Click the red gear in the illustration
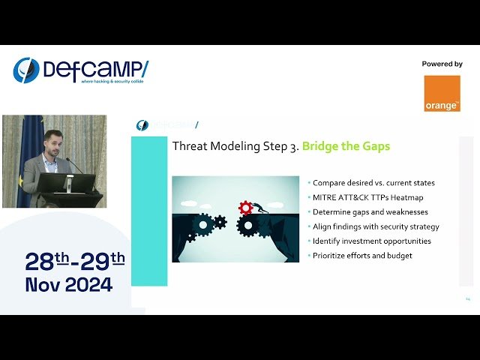(244, 207)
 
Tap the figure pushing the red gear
(257, 208)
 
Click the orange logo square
(442, 94)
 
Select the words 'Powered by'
(442, 64)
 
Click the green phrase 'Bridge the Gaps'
(346, 146)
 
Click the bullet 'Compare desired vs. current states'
(373, 183)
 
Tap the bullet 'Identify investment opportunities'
(372, 241)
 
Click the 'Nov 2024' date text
(69, 285)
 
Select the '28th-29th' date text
(75, 261)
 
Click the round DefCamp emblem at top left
(26, 70)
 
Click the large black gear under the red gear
(247, 225)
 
